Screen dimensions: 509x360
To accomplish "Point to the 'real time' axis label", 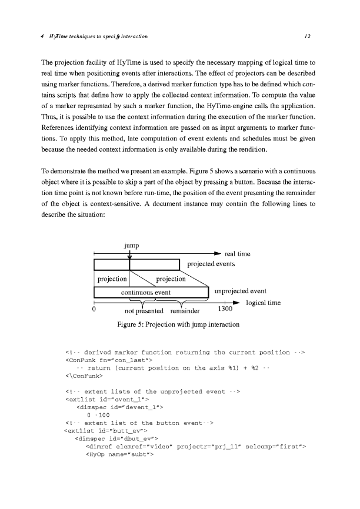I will pos(238,254).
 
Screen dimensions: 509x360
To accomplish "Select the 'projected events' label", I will pos(211,264).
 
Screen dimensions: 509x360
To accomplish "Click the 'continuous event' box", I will pos(146,292).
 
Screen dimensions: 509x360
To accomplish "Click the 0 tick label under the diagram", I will pos(94,310).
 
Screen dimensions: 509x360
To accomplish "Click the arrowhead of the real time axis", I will pos(218,254).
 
